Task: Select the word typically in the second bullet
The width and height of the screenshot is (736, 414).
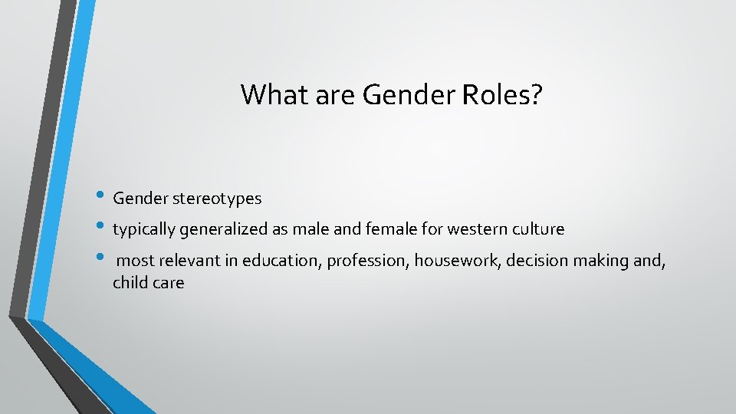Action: tap(143, 229)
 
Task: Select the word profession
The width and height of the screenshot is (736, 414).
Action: tap(367, 261)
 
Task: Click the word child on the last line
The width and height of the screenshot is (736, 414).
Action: tap(130, 282)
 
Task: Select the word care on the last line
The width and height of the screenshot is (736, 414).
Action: tap(169, 283)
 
